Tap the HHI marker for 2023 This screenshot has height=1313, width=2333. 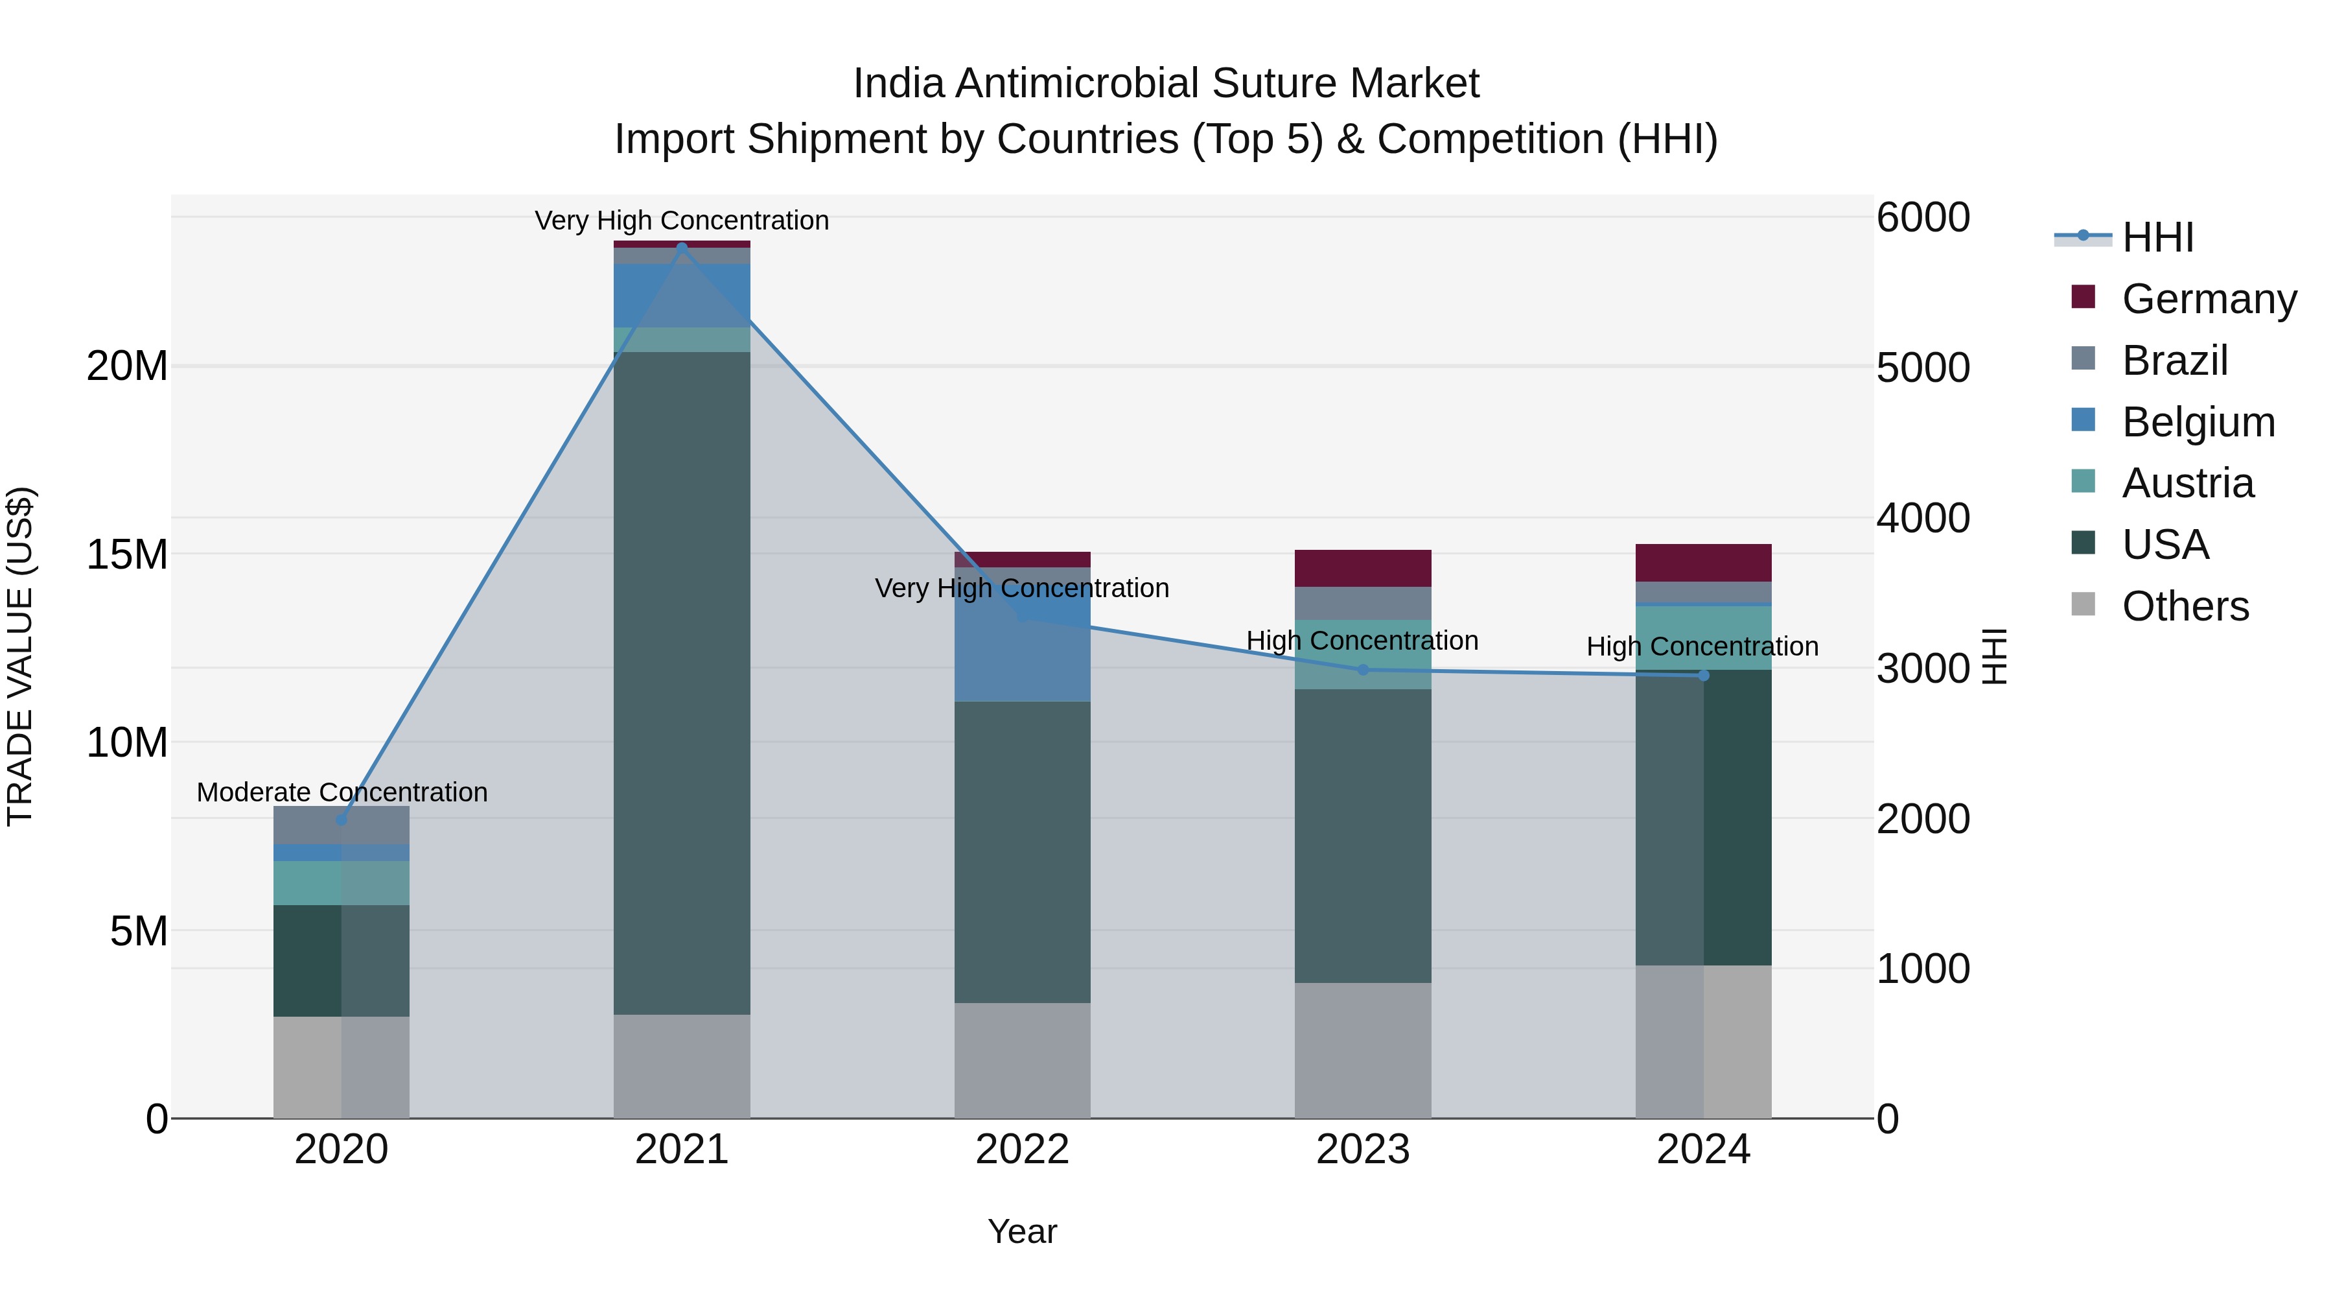(1363, 670)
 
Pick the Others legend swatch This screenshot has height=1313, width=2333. (2083, 604)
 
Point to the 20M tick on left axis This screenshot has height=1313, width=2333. (127, 367)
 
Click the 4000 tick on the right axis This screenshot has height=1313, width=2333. (1922, 518)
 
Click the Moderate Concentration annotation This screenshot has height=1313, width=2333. (342, 792)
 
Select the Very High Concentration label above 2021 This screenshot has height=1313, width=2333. (681, 220)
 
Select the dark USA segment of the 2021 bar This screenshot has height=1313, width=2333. (682, 680)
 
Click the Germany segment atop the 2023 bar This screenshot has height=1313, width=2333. (1363, 568)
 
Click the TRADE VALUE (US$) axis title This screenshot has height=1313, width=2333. (20, 656)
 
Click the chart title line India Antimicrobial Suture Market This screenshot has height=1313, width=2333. (1166, 84)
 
